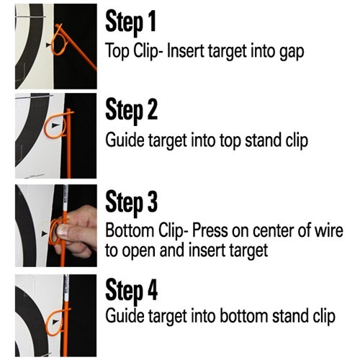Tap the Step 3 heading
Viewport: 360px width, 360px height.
pos(132,202)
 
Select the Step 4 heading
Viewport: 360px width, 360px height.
pos(132,291)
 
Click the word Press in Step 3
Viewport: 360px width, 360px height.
pos(210,230)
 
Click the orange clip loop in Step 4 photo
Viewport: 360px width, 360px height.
pos(56,322)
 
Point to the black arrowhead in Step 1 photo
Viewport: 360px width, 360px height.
pos(49,45)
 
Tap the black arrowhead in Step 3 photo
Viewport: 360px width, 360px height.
pos(45,233)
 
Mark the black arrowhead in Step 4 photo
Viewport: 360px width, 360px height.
pos(56,321)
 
